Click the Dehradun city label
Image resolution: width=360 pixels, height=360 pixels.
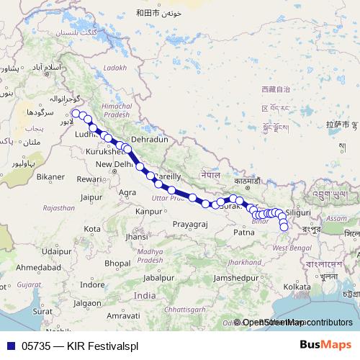pos(149,139)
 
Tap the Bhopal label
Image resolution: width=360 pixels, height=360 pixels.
pos(117,264)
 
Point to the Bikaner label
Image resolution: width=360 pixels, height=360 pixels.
pos(50,176)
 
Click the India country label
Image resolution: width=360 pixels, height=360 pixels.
pos(144,296)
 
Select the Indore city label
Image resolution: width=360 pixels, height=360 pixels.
pos(92,285)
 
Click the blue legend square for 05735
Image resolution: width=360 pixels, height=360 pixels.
pos(10,346)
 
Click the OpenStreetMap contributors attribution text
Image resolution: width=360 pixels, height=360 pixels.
pos(297,323)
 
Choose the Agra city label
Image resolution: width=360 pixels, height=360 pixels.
pos(127,192)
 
